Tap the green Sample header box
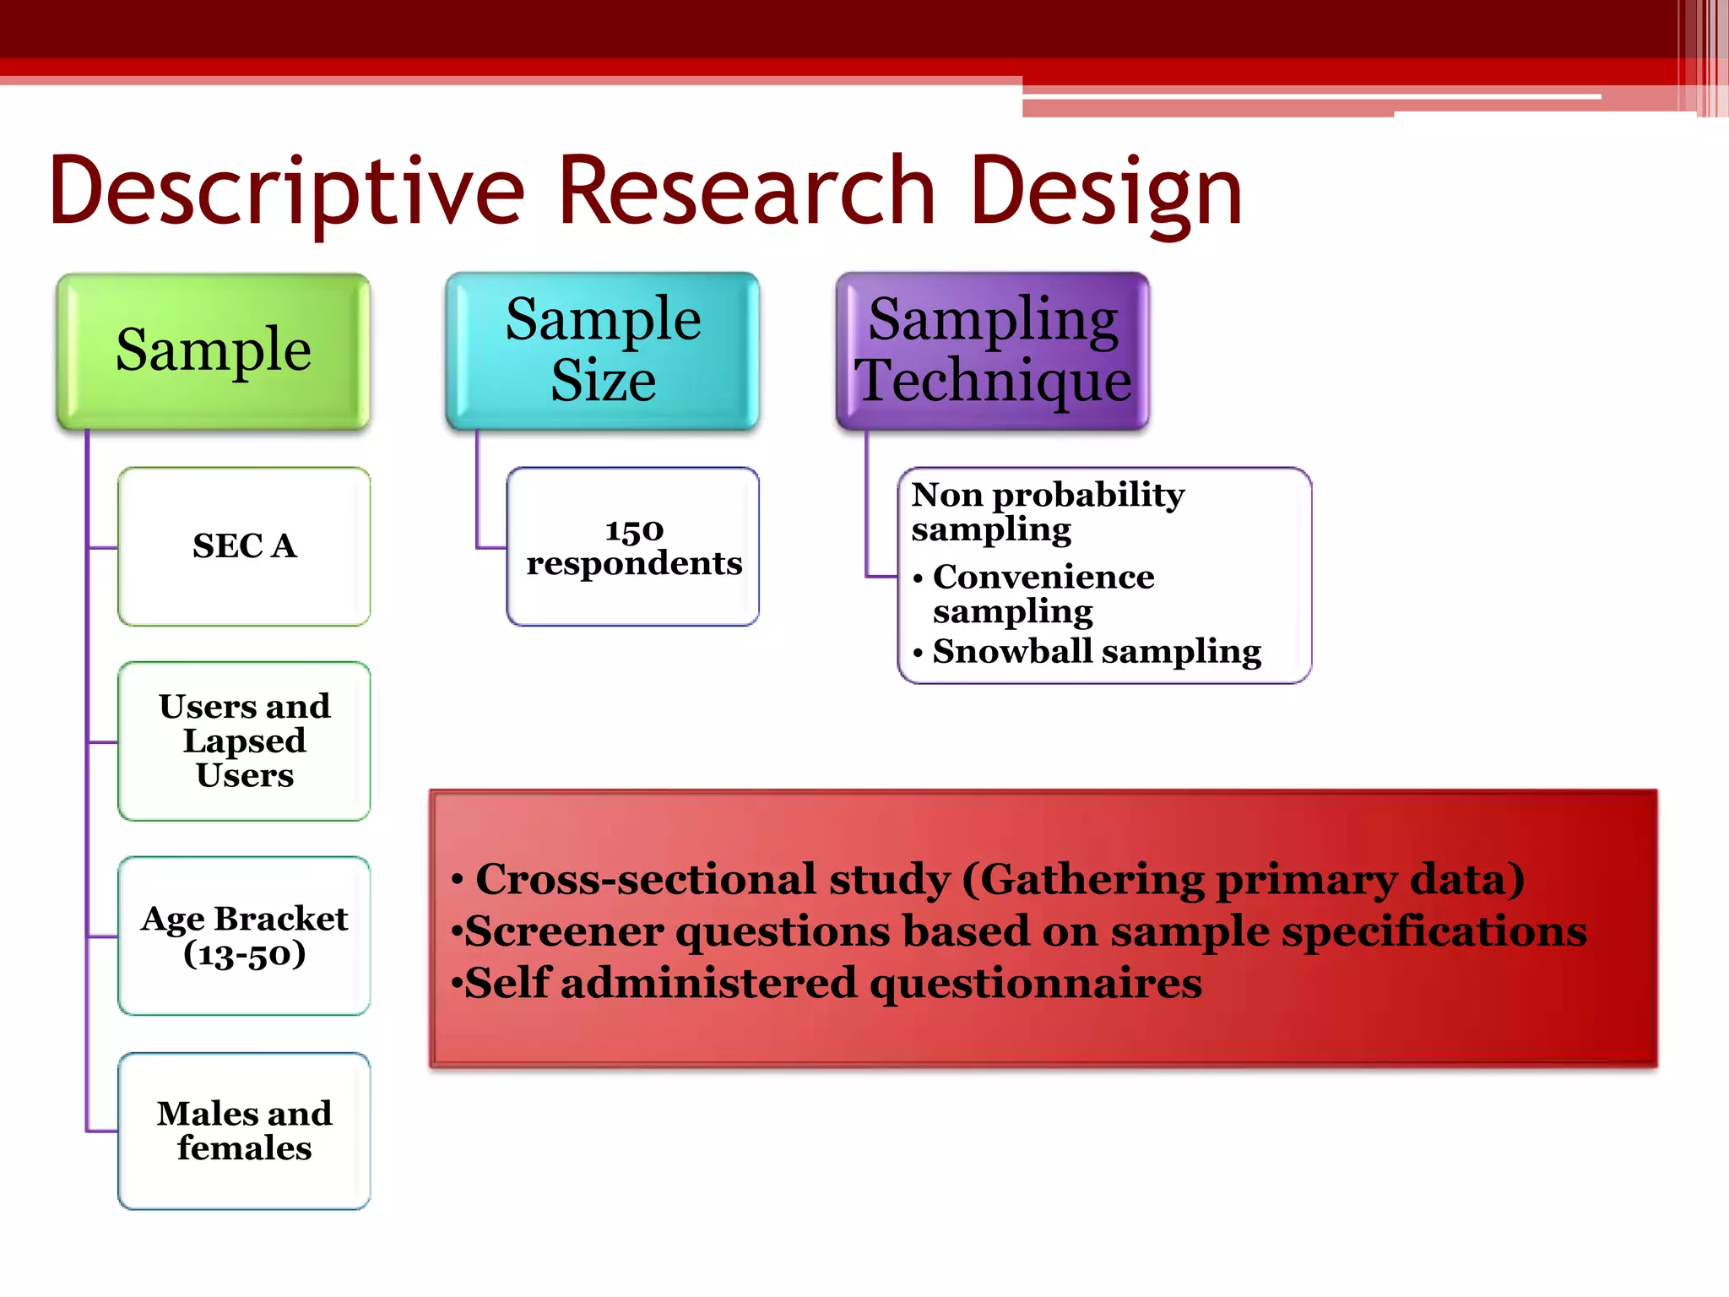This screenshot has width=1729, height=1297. [x=214, y=350]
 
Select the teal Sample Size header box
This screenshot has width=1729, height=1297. [x=603, y=350]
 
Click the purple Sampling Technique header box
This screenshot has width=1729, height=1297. [x=993, y=350]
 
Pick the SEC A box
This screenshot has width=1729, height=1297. [x=244, y=546]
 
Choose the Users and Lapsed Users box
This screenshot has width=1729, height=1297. [x=244, y=741]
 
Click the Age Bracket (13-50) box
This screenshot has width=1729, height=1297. [x=244, y=936]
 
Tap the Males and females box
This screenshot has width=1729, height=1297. [x=244, y=1131]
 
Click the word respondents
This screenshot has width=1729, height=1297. [x=634, y=563]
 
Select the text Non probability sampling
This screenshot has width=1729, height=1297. [x=1047, y=511]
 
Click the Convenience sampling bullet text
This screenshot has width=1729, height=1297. [x=1043, y=593]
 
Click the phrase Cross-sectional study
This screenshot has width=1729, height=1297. [x=713, y=879]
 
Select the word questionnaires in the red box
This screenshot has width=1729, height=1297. [x=1035, y=983]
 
